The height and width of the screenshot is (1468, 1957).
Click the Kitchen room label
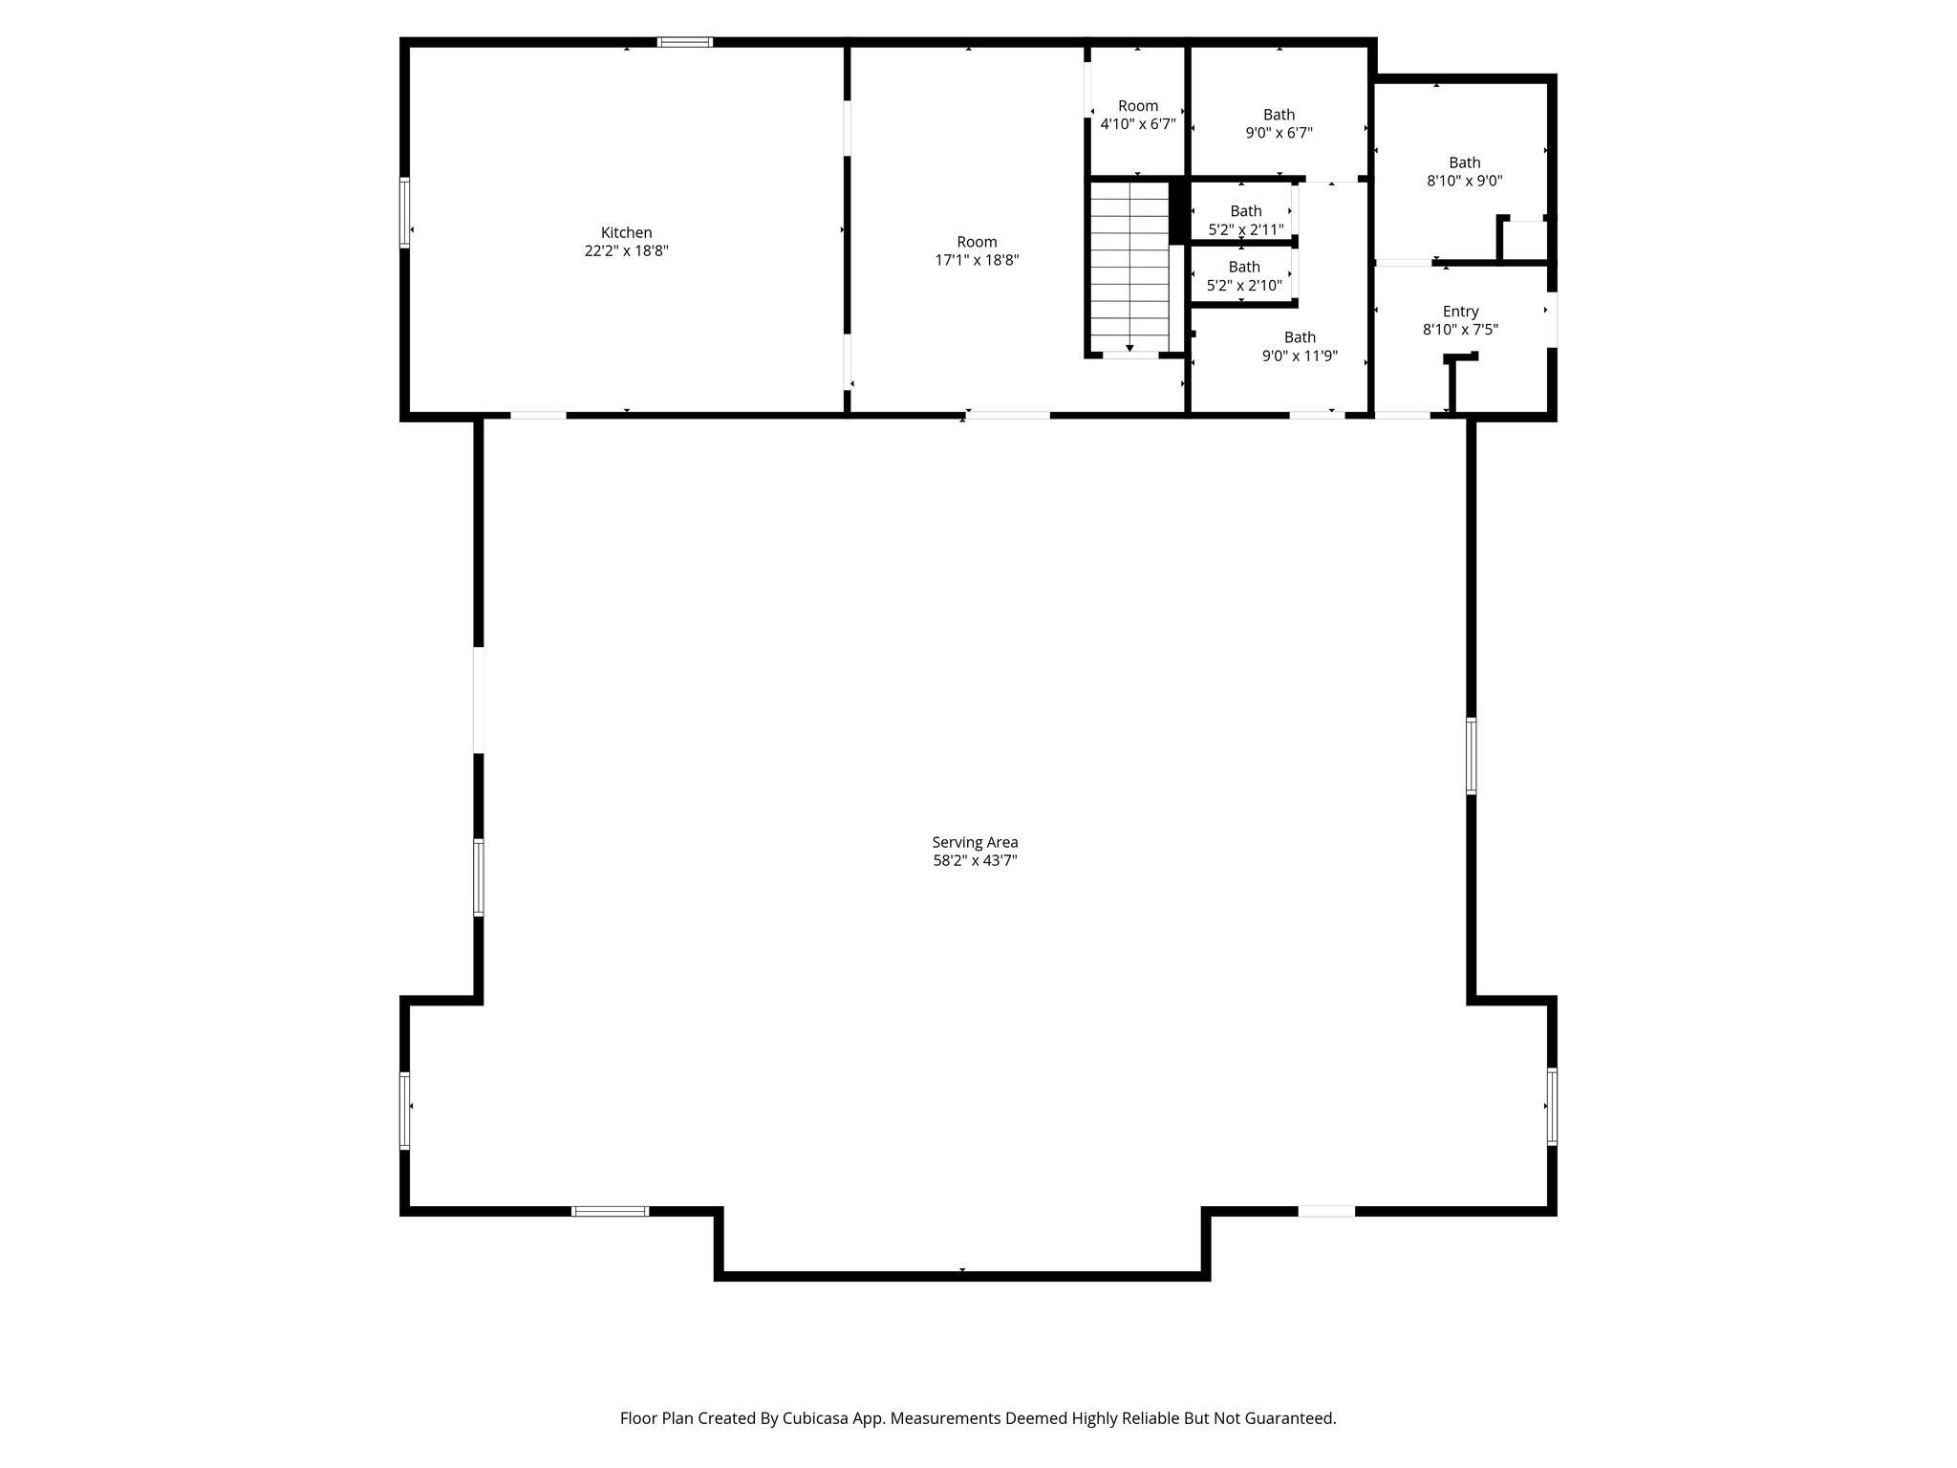[626, 232]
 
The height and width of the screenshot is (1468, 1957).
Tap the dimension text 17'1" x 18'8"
[977, 260]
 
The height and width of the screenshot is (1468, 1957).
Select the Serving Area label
[975, 842]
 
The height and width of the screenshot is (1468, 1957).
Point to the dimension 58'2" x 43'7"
[975, 860]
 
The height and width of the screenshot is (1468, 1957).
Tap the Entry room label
[1460, 312]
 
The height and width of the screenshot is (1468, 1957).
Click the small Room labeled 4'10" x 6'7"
[1137, 106]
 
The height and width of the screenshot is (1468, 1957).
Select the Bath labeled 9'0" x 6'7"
[1279, 115]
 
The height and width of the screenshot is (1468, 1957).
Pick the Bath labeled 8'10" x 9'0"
[1464, 162]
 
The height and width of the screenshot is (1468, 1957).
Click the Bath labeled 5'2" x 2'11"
[1245, 211]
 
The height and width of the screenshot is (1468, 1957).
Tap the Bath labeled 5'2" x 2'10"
[1243, 267]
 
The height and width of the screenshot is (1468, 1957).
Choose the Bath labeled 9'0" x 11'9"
[1299, 337]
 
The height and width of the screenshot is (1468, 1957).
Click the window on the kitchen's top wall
[684, 42]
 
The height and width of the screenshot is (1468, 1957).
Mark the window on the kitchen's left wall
[404, 212]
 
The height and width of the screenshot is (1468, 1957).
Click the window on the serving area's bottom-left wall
[610, 1211]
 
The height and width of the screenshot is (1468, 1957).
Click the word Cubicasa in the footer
[818, 1418]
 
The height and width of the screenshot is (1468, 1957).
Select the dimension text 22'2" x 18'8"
[626, 251]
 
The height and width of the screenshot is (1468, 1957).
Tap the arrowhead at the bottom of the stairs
[1129, 348]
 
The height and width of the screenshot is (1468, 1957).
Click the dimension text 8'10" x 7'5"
[1460, 330]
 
